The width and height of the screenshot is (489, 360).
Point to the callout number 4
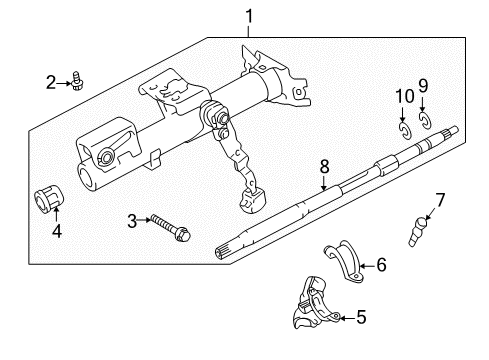(56, 233)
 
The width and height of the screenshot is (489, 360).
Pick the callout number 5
(361, 317)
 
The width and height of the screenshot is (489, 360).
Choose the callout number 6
(380, 266)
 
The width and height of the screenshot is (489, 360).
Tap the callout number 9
(423, 84)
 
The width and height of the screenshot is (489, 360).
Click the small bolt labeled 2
(79, 81)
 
